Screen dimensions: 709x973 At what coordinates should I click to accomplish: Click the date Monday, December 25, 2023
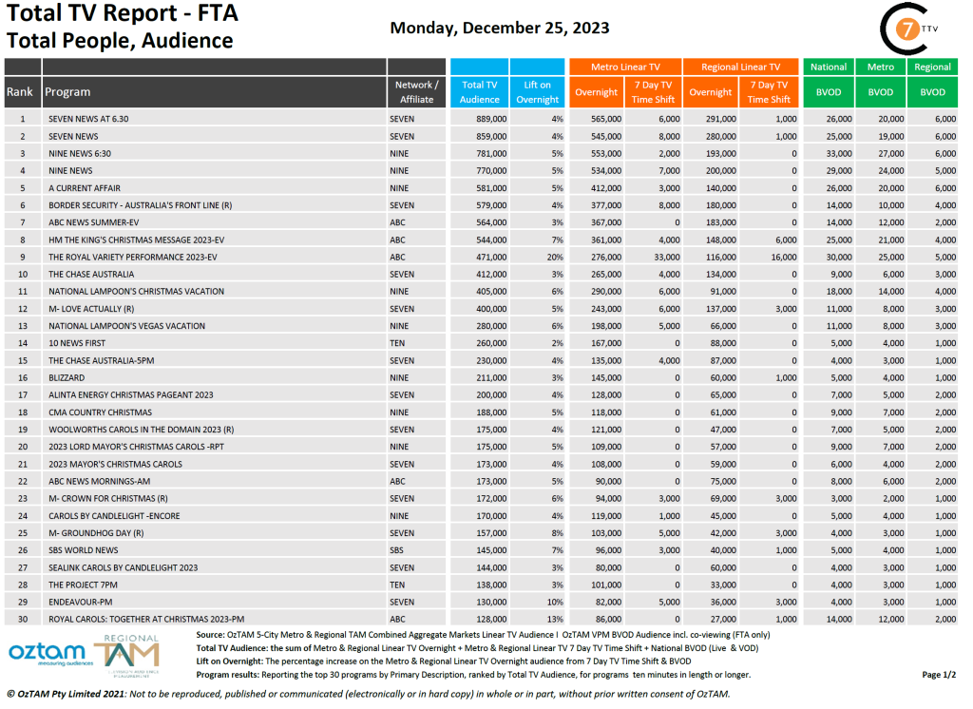[x=500, y=28]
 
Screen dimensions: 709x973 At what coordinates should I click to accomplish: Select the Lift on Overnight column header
[x=537, y=92]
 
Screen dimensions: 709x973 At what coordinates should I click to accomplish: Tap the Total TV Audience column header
[x=479, y=92]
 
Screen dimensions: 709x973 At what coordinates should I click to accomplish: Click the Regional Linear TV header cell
[x=740, y=67]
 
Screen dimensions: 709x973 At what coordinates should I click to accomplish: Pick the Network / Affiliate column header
[x=416, y=92]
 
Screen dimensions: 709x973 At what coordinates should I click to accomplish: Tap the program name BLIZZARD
[x=67, y=377]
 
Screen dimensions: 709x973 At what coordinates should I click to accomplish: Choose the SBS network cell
[x=397, y=550]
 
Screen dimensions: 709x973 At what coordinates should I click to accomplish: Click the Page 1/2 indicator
[x=938, y=675]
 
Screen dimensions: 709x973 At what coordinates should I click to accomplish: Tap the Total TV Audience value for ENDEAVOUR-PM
[x=487, y=602]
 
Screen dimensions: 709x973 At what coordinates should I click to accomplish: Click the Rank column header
[x=21, y=92]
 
